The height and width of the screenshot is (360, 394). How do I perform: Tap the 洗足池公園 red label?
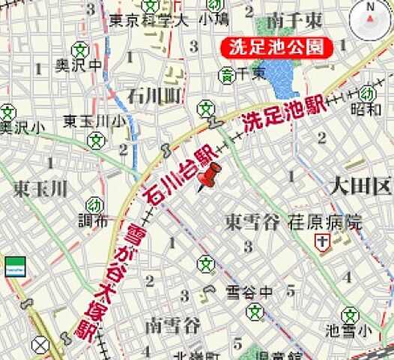click(276, 47)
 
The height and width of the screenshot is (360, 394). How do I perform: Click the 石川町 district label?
click(154, 96)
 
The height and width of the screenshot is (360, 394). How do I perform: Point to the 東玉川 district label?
click(40, 187)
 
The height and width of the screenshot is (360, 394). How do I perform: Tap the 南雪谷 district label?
click(174, 325)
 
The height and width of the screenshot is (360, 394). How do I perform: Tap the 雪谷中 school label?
click(250, 291)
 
